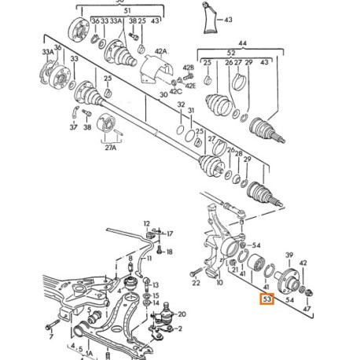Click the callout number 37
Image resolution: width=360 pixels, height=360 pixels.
coord(72,127)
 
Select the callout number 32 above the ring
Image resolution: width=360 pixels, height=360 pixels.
coord(180,104)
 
